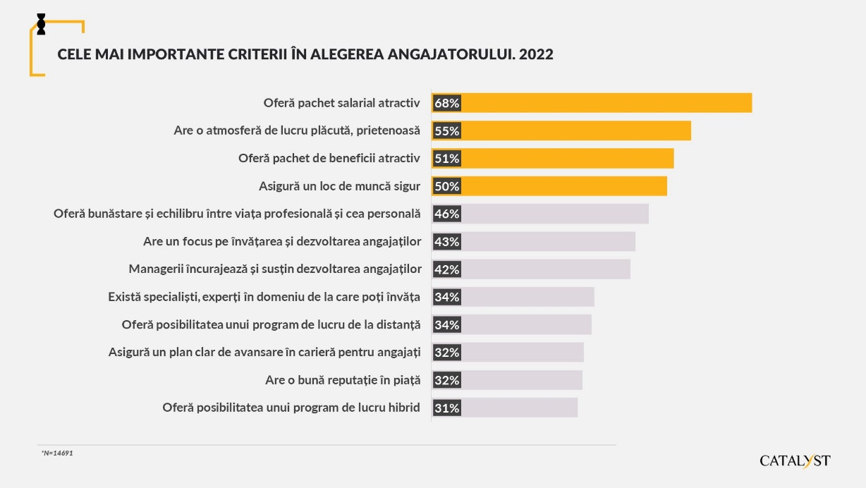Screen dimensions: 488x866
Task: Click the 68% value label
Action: [x=447, y=103]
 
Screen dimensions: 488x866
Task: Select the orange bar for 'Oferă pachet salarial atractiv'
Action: [x=606, y=103]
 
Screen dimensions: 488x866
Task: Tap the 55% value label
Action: [x=447, y=130]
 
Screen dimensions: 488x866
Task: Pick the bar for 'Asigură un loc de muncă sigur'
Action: [x=564, y=186]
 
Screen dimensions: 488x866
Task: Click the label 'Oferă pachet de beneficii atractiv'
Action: [x=329, y=158]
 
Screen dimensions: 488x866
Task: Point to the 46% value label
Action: [x=447, y=214]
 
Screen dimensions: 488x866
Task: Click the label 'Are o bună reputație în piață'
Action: [x=343, y=380]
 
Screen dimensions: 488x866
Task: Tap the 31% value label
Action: [x=447, y=408]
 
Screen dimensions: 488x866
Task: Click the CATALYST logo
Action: [x=795, y=460]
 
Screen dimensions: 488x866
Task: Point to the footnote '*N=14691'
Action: [x=57, y=453]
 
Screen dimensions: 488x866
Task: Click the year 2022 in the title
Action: [x=536, y=54]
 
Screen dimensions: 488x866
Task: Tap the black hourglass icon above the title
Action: [x=41, y=23]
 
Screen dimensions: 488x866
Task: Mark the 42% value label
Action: [x=447, y=269]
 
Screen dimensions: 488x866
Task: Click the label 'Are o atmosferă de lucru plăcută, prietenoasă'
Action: [x=297, y=130]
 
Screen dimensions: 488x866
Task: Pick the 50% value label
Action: [x=447, y=186]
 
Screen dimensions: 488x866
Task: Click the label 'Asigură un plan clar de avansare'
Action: [x=264, y=352]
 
